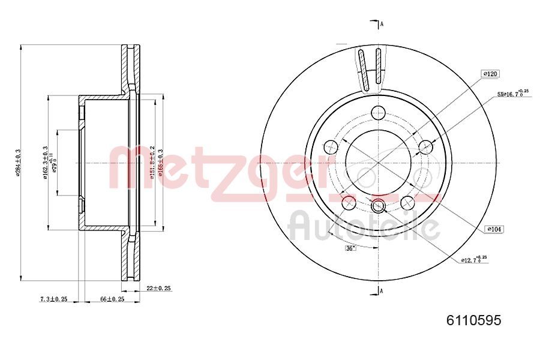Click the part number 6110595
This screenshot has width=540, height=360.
[x=473, y=320]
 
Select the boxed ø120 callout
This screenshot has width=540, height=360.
[x=490, y=74]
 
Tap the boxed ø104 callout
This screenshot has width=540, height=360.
[x=494, y=229]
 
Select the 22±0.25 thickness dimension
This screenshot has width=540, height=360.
[x=159, y=289]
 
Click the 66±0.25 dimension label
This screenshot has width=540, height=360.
[x=112, y=298]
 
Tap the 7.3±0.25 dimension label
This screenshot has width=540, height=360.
[x=53, y=298]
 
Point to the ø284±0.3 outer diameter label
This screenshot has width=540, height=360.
[x=19, y=162]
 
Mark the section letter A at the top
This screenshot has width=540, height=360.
[x=382, y=24]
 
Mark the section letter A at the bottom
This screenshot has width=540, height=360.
[x=382, y=291]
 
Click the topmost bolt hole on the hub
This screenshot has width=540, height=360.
[x=378, y=112]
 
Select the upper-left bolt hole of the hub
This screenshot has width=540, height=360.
[x=331, y=146]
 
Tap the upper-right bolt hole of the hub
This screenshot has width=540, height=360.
[x=425, y=146]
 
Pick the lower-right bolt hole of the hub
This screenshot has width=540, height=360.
[x=407, y=202]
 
